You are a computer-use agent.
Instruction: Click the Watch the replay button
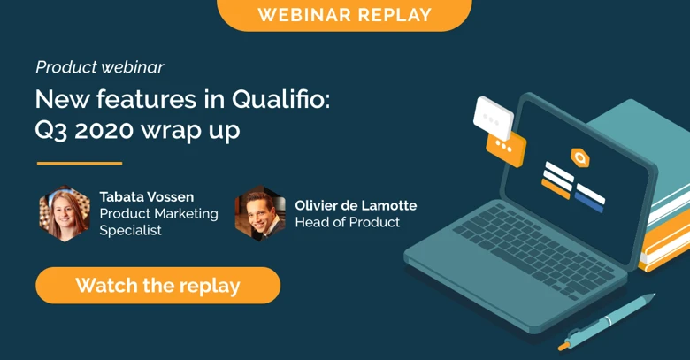click(x=157, y=286)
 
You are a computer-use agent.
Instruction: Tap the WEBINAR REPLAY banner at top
click(x=344, y=15)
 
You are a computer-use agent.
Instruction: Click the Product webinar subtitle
click(x=99, y=67)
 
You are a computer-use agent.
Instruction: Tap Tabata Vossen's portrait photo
click(x=65, y=213)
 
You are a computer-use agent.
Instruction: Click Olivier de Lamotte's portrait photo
click(x=260, y=213)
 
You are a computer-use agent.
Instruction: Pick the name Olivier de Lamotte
click(x=356, y=205)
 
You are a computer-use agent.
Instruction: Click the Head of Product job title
click(x=347, y=223)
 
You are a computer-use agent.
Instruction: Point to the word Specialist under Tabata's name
click(x=131, y=231)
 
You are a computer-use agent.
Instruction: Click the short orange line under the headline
click(x=79, y=164)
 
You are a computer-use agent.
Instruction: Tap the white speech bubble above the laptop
click(x=493, y=116)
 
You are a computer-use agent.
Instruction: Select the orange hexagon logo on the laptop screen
click(x=579, y=157)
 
